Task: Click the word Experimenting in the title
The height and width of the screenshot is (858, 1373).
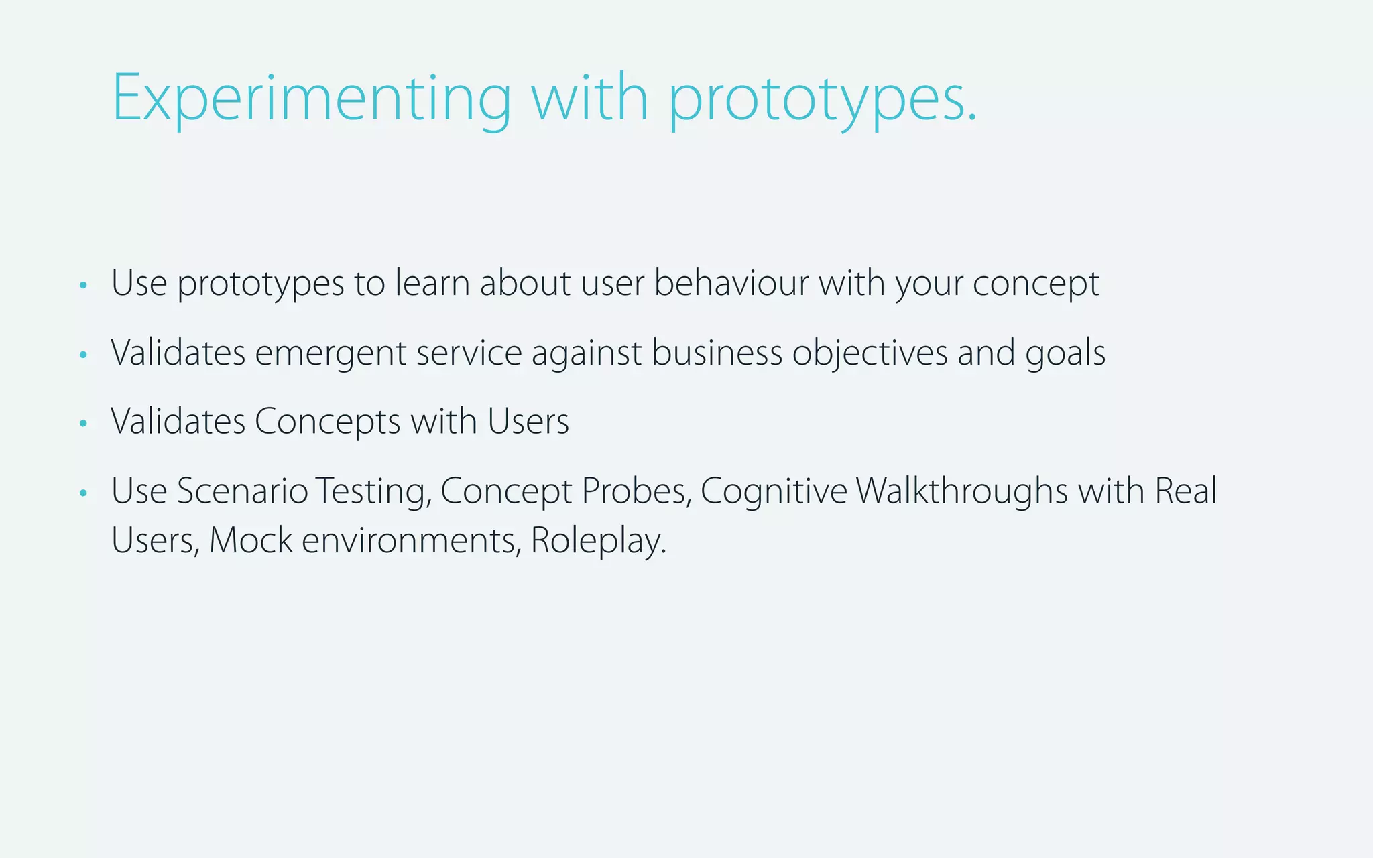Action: [x=311, y=99]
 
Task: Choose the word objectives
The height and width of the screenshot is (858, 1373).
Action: [x=870, y=353]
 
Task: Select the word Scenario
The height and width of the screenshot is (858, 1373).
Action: [x=242, y=491]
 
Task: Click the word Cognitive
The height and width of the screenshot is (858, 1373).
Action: [x=774, y=492]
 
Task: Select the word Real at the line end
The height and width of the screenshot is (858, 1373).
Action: [x=1185, y=491]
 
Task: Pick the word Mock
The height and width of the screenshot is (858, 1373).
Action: [x=251, y=540]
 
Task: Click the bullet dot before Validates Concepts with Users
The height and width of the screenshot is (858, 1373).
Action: [x=83, y=423]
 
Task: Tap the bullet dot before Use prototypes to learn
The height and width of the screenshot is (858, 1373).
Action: [x=83, y=285]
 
